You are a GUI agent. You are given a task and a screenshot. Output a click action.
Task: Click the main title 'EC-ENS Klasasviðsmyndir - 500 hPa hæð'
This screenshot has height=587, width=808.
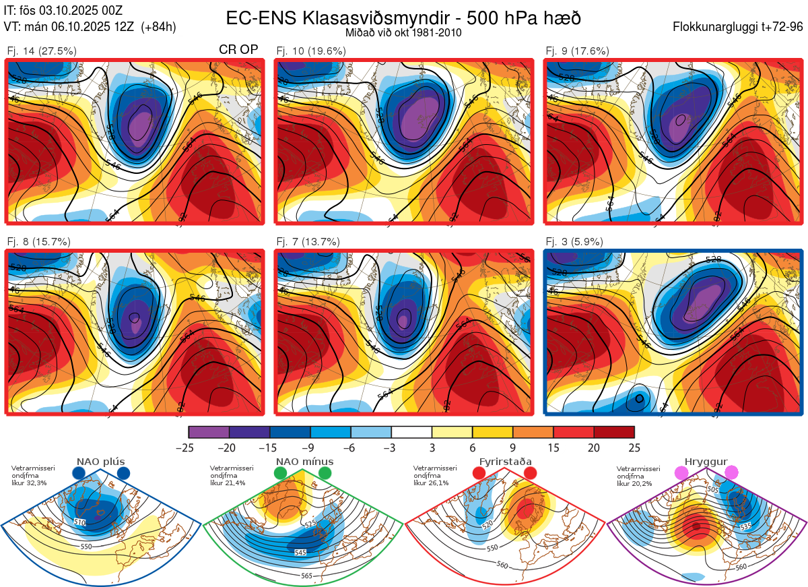pos(403,18)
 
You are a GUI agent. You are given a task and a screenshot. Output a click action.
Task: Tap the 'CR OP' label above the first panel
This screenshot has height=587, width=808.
pos(238,51)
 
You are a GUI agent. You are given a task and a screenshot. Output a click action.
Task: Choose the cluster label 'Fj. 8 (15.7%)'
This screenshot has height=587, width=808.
pos(38,241)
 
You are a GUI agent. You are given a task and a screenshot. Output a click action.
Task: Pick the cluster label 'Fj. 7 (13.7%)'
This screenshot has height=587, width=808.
pos(308,241)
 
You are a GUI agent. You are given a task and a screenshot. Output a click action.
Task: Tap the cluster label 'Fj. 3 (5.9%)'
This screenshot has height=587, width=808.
pos(574,241)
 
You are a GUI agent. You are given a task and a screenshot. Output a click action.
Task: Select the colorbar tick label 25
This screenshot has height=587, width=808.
pos(634,447)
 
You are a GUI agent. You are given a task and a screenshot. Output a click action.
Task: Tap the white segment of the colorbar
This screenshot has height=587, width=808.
pos(411,432)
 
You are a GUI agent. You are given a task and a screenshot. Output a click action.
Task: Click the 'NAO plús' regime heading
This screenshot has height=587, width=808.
pos(101,462)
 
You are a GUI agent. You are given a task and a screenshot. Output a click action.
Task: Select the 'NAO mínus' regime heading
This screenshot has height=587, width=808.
pos(304,462)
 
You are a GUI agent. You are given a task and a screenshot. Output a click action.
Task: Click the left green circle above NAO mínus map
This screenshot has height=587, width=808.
pos(281,474)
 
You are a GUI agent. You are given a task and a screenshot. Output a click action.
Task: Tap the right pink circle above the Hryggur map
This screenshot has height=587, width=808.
pos(731,473)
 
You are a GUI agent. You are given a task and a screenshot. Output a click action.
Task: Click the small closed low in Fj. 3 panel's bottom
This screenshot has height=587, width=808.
pos(637,399)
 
